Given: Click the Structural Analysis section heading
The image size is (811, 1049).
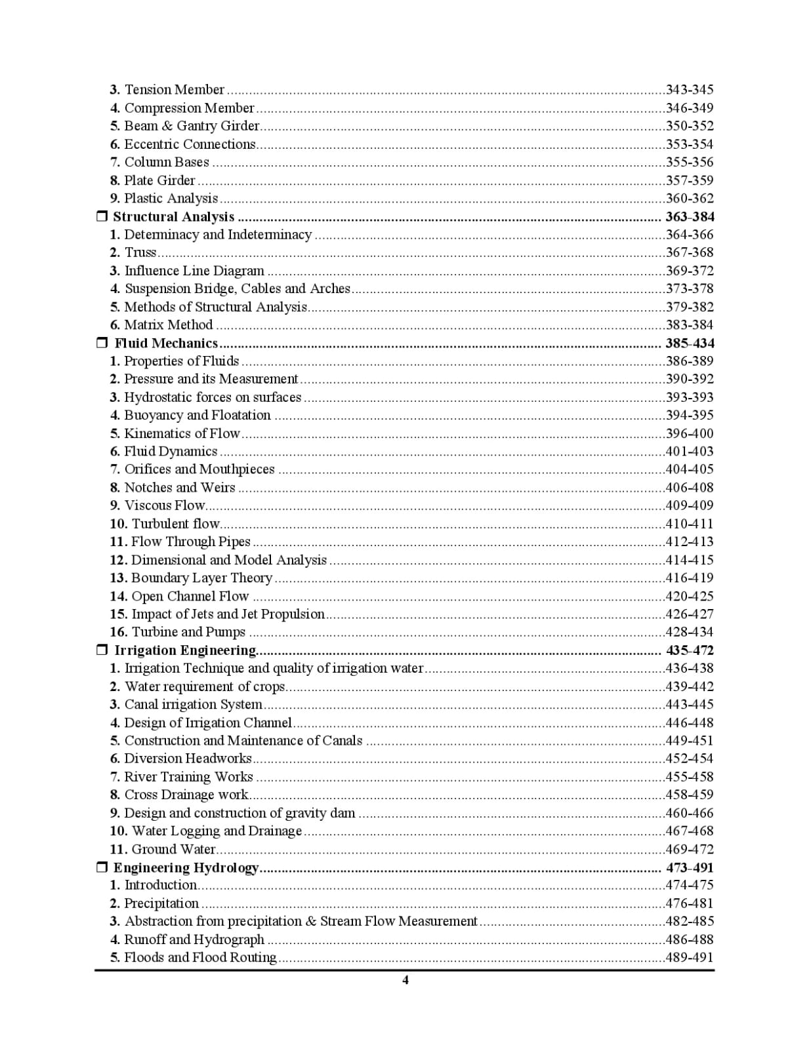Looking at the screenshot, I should (173, 216).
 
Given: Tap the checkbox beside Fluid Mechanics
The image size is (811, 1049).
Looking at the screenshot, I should (102, 343).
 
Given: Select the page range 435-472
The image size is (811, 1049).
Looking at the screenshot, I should (690, 650).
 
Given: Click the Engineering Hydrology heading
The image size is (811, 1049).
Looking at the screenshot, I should (186, 867).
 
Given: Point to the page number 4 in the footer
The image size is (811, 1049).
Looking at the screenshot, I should (405, 980).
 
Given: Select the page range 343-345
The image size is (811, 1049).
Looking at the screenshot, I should (690, 90).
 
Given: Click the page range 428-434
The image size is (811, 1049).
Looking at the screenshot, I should (690, 632).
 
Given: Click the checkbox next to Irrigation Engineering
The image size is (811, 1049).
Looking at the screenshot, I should (102, 650).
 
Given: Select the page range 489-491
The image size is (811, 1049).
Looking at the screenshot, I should (690, 957).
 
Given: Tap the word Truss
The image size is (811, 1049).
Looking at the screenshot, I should (140, 252).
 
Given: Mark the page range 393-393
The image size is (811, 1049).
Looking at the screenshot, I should (690, 397).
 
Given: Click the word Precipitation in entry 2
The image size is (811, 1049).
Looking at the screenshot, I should (161, 903).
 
